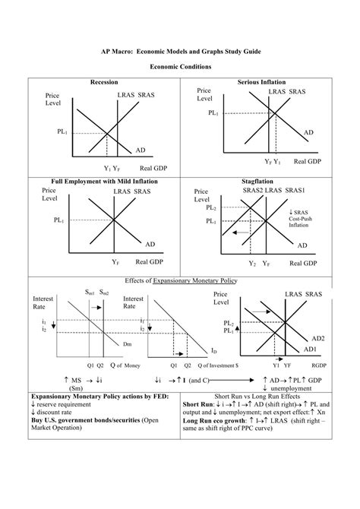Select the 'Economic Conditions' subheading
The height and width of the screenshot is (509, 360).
[179, 68]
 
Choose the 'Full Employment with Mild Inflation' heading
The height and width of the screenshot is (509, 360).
[104, 182]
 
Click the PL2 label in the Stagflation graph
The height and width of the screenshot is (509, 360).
[210, 208]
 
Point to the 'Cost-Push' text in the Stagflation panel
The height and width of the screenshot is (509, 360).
[298, 219]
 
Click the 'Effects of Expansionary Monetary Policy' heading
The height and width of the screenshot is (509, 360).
[179, 280]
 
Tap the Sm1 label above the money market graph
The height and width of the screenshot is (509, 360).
[89, 292]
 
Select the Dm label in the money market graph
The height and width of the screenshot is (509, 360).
[127, 344]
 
